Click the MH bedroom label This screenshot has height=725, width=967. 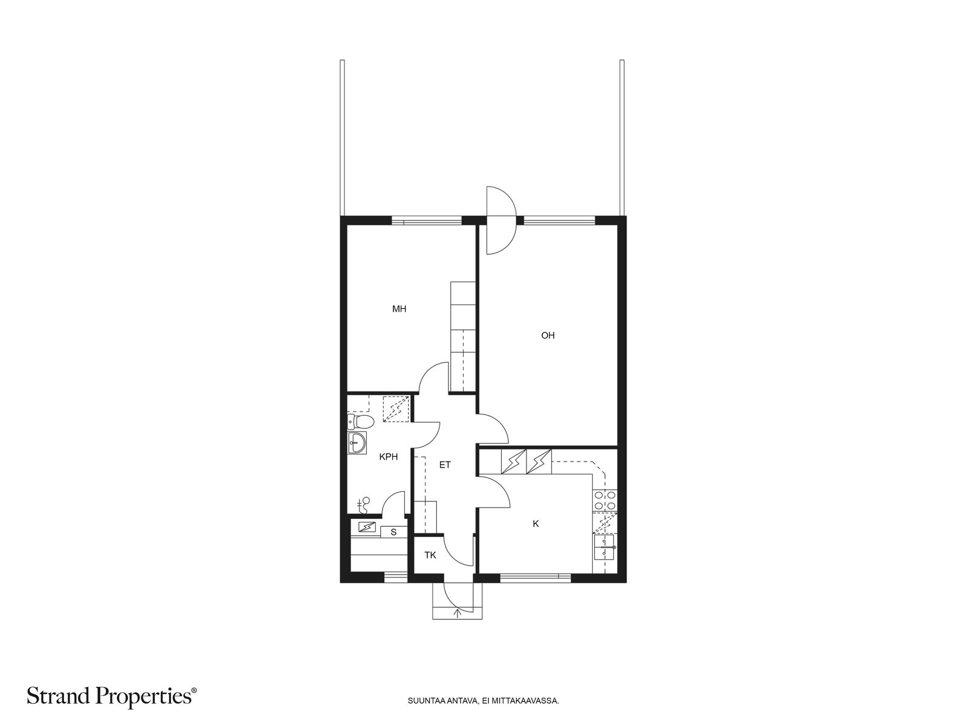coord(399,309)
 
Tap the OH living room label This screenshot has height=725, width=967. coord(548,335)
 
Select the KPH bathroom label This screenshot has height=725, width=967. coord(388,457)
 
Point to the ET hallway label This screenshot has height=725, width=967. coord(445,465)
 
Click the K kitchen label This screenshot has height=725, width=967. coord(535,524)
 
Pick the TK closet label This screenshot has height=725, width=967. coord(430,555)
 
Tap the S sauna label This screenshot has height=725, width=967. coord(393,533)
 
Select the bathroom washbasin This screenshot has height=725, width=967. coord(357,442)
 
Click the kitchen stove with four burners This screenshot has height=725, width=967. coord(605,500)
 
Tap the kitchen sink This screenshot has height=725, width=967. coord(605,547)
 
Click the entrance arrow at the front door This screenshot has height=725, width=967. coord(458,613)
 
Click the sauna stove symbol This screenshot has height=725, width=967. coord(366,526)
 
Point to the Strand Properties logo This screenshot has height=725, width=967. coord(112,697)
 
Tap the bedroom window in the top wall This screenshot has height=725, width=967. coord(427,221)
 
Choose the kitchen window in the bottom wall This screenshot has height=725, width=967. coord(535,578)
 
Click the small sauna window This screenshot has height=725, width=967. coord(396,578)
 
